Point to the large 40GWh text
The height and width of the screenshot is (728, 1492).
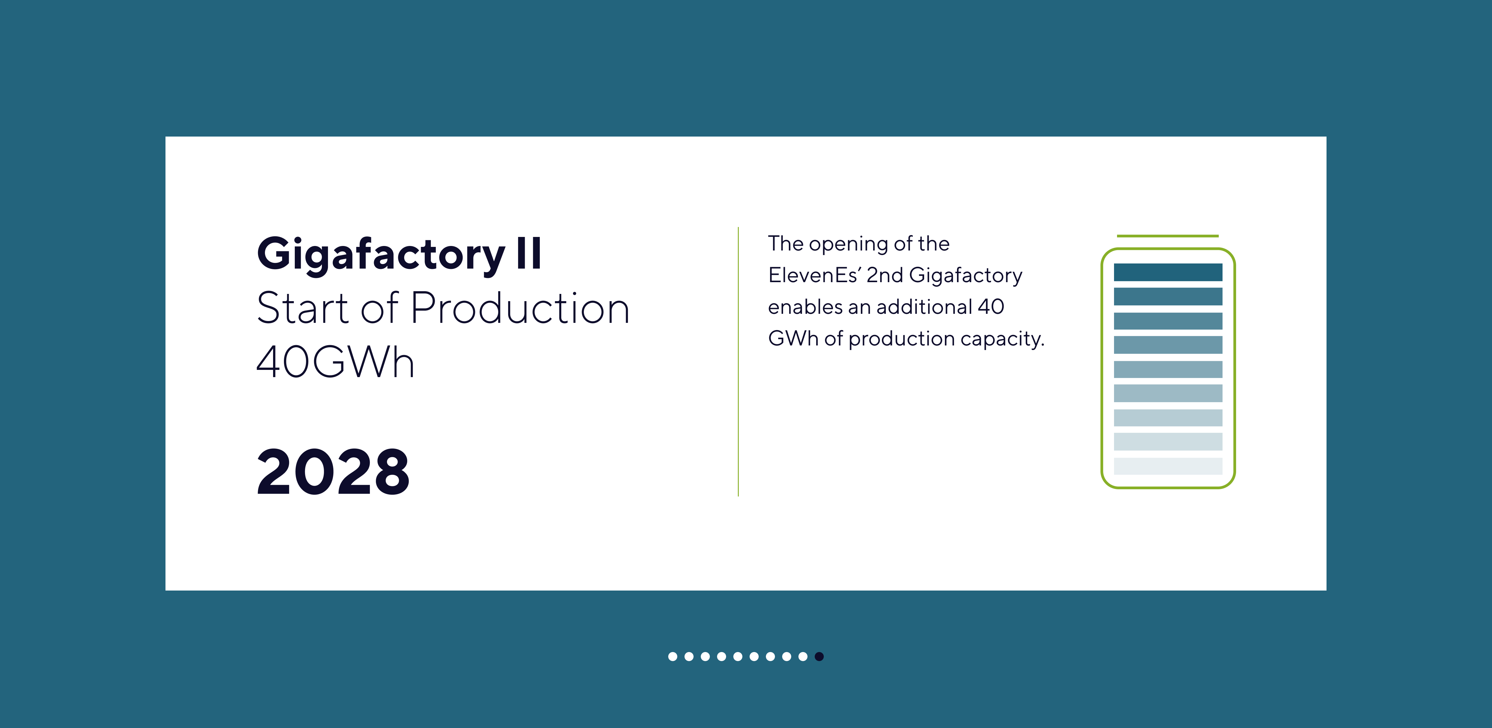coord(335,362)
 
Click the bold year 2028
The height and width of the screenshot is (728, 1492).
coord(333,472)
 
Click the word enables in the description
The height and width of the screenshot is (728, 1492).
coord(805,307)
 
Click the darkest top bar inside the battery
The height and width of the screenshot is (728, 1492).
coord(1168,272)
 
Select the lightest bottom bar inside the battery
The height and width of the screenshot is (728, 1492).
coord(1168,466)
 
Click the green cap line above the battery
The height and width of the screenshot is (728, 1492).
coord(1168,236)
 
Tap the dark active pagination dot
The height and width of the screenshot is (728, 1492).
coord(819,656)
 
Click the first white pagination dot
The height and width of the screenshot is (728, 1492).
coord(672,656)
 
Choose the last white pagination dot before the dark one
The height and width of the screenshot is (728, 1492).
coord(803,656)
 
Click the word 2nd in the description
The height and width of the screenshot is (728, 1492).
coord(884,275)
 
